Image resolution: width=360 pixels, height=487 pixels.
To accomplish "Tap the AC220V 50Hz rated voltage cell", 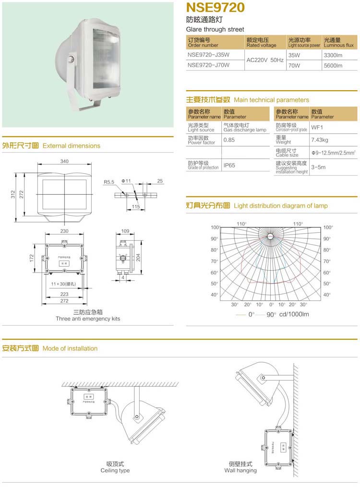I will coord(264,60).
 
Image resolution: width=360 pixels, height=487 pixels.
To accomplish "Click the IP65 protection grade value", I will coord(229,166).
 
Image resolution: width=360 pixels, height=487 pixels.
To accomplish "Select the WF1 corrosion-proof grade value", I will coord(317,127).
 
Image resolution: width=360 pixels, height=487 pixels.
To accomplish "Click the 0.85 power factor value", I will coord(229,140).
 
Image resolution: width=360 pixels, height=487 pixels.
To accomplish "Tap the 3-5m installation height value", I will coord(318,167).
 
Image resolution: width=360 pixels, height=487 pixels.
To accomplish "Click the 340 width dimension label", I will coord(64,161).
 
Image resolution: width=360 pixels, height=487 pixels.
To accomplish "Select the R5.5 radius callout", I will coord(109,182).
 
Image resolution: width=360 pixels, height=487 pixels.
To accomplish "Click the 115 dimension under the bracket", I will coord(136,207).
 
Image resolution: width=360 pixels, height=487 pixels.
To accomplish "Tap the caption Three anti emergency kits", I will coord(88,319).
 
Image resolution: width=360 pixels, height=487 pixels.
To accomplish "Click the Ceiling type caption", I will coord(115,471).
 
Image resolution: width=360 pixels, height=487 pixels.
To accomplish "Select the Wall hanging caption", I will coord(240,470).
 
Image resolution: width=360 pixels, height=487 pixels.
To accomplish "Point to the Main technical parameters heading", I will coord(271,100).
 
